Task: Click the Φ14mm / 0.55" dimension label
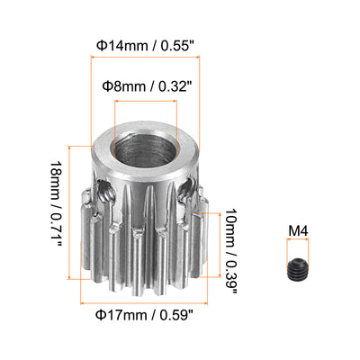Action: point(146,46)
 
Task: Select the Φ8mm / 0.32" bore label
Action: point(147,86)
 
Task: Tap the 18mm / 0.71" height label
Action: point(56,203)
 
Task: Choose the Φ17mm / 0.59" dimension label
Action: point(144,315)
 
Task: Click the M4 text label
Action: point(298,231)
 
